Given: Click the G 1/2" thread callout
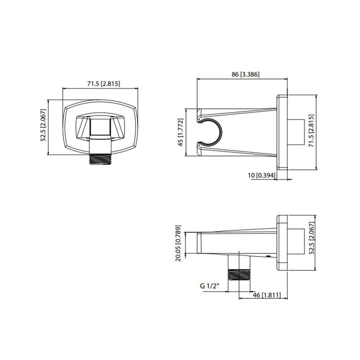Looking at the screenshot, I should point(211,286).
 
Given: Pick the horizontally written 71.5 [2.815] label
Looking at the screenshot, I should point(101,84).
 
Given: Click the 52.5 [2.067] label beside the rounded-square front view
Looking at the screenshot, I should point(44,126).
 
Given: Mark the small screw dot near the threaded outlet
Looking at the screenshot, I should point(269,256).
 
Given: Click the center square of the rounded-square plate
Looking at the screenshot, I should point(101,126).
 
